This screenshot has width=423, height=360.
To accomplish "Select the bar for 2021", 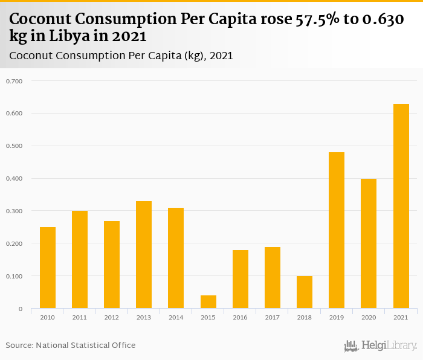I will (x=401, y=206).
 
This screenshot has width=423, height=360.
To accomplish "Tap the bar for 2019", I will (x=337, y=230).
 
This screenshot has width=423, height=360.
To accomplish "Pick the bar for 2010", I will (x=48, y=268).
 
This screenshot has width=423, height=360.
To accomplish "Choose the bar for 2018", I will (x=305, y=292).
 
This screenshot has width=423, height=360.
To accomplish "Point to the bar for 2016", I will (x=241, y=279).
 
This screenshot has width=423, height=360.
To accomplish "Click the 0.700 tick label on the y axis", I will (x=14, y=81).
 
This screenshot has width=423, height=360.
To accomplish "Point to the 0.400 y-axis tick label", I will (x=14, y=179).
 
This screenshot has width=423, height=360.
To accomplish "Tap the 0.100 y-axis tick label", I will (x=14, y=277).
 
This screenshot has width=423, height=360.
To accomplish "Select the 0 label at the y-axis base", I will (x=20, y=309).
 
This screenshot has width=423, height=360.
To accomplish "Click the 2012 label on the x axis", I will (x=112, y=318).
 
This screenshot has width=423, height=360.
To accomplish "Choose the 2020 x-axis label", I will (x=369, y=318).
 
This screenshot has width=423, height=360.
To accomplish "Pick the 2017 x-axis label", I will (x=273, y=318).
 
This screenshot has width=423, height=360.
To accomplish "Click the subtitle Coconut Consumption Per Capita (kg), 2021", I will (x=121, y=56).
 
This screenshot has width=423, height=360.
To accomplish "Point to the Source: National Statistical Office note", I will (x=71, y=345).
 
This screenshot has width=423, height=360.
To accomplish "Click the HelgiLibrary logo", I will (x=381, y=346).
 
